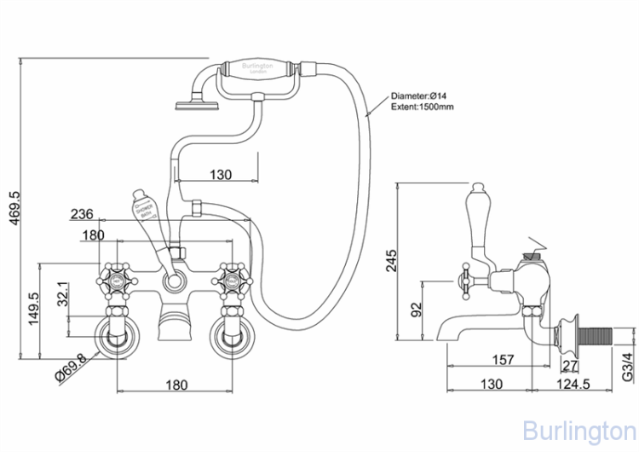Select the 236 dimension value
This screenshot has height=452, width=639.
pyautogui.click(x=82, y=214)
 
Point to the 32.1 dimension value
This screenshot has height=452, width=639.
pyautogui.click(x=61, y=296)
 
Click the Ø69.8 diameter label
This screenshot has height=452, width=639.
pyautogui.click(x=70, y=368)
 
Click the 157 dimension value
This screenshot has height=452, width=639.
pyautogui.click(x=504, y=360)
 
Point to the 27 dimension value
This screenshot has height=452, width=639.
pyautogui.click(x=570, y=366)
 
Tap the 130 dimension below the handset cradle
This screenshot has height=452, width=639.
pyautogui.click(x=220, y=175)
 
